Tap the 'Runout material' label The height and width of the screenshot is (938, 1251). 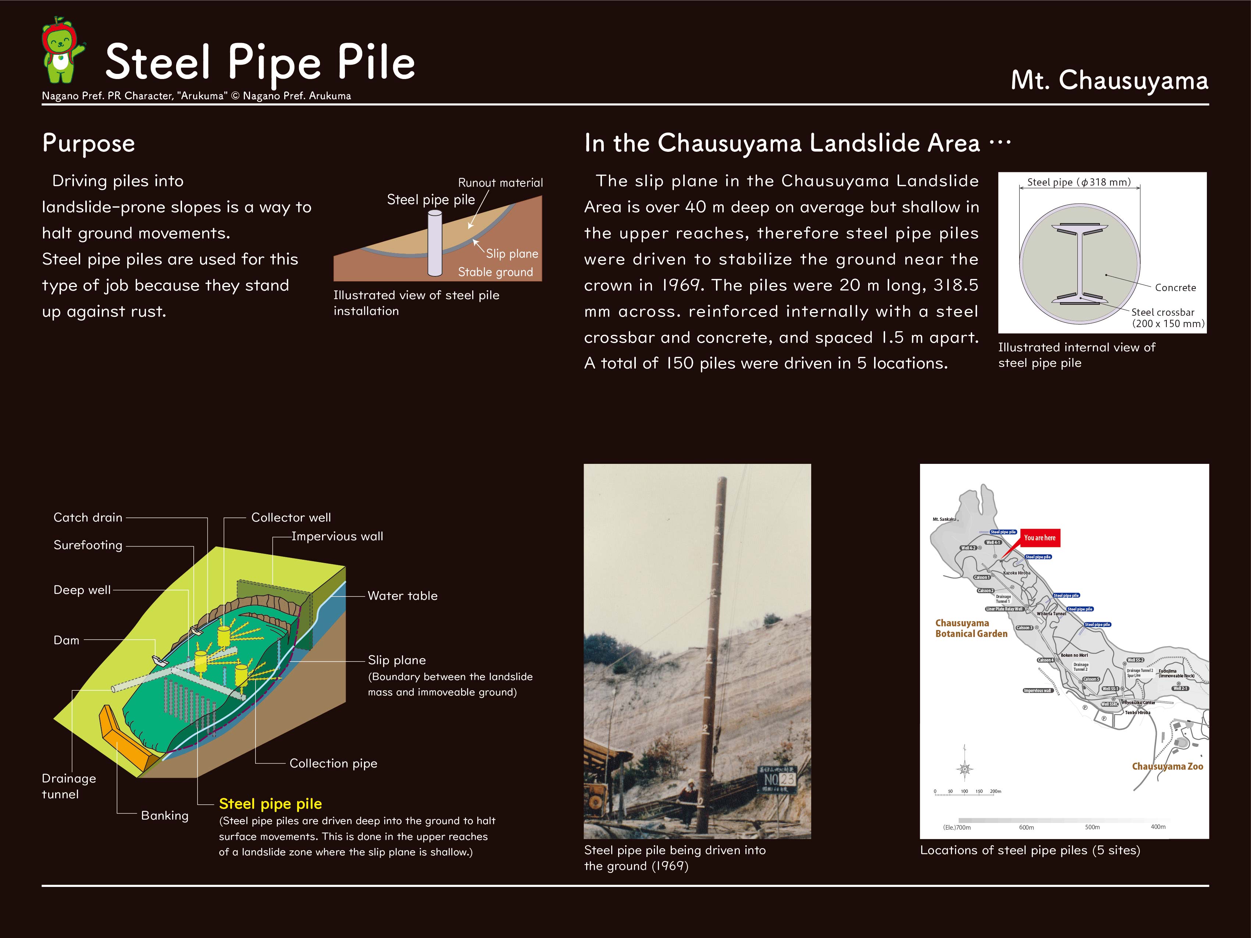[x=500, y=183]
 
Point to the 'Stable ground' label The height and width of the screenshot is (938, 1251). [x=495, y=272]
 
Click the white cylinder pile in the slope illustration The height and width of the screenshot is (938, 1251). [x=434, y=243]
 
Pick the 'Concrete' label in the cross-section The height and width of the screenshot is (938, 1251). [x=1175, y=287]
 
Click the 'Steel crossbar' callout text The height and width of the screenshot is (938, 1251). [x=1163, y=312]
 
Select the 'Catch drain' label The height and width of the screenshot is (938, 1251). [x=88, y=518]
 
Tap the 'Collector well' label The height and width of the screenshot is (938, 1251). [x=291, y=518]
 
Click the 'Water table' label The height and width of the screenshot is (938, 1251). [x=402, y=595]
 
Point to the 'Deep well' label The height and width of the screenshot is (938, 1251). [x=82, y=590]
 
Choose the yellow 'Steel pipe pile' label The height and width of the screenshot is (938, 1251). [x=270, y=803]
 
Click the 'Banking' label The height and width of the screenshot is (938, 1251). [x=165, y=815]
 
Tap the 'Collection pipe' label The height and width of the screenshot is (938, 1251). [x=333, y=763]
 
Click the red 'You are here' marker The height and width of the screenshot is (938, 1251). [x=1040, y=538]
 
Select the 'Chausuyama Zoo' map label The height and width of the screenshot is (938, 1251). [x=1167, y=766]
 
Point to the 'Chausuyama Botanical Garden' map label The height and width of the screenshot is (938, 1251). [x=971, y=628]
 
